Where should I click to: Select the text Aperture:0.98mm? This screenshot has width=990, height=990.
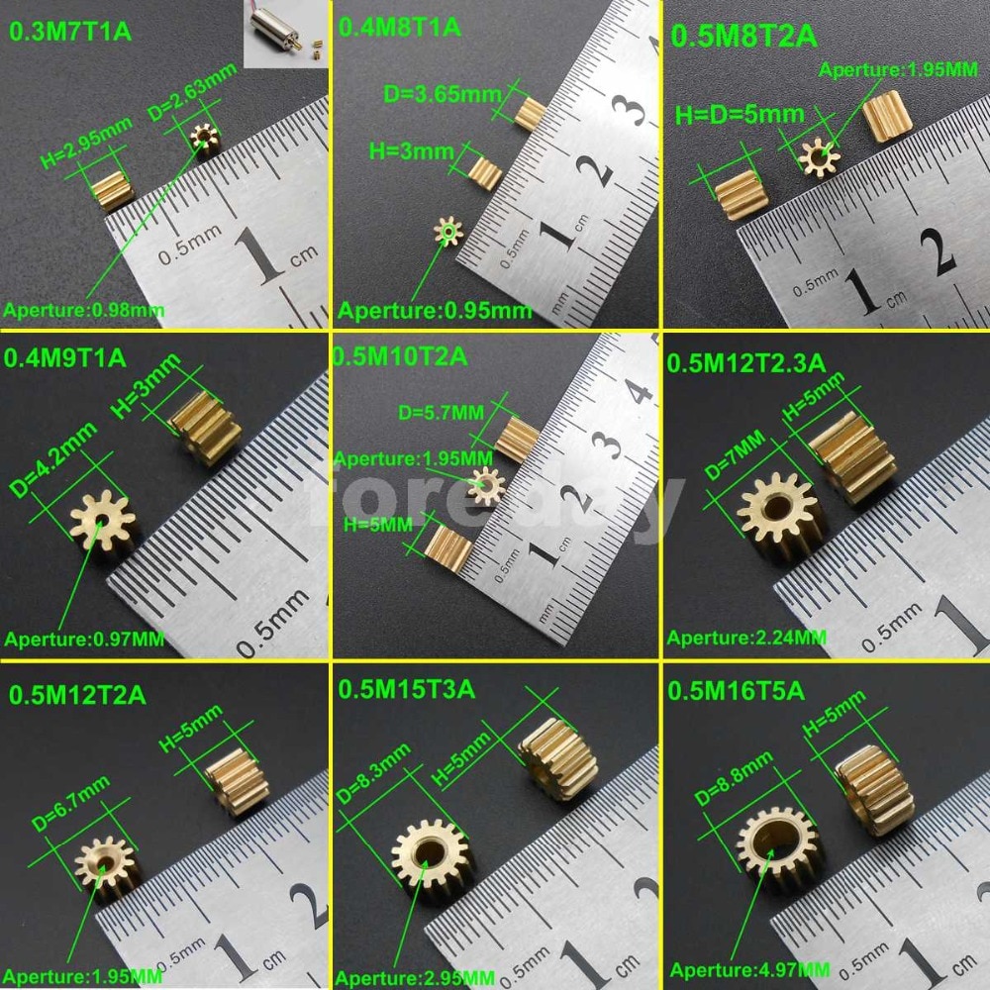coord(84,311)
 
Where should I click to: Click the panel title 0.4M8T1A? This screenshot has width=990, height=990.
coord(400,27)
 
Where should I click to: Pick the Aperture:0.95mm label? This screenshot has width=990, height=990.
coord(436,311)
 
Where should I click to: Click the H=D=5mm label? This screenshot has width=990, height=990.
coord(741,114)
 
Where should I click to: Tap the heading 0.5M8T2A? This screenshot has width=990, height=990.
coord(743,37)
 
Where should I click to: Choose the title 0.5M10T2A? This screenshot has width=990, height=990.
coord(401,356)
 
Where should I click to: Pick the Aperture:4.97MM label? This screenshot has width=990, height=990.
coord(749,969)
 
